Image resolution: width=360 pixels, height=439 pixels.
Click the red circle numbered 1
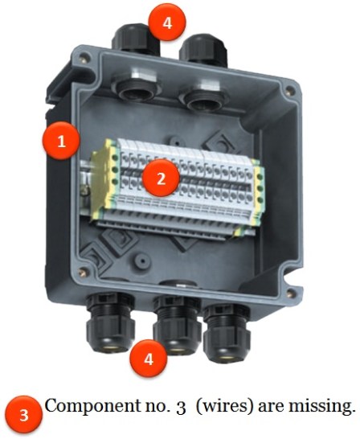(61, 141)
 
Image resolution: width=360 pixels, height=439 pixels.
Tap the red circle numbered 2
(161, 178)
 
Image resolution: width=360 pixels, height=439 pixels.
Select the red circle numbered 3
(24, 415)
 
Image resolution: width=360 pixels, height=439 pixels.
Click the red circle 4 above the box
(167, 23)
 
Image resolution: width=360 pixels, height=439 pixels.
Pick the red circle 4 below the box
(149, 359)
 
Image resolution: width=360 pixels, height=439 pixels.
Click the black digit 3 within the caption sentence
(181, 407)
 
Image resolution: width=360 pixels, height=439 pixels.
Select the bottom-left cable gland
(110, 322)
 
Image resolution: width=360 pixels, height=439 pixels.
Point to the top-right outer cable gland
(203, 51)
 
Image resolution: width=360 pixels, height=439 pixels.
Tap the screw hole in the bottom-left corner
(82, 272)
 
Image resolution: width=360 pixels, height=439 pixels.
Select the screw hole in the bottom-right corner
(291, 293)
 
